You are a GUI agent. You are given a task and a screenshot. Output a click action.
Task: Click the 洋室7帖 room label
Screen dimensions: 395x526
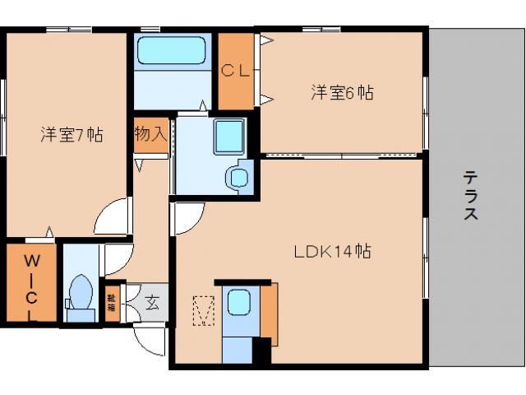(x=72, y=134)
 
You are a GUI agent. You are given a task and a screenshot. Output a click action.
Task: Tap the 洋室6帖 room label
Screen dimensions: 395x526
(x=342, y=92)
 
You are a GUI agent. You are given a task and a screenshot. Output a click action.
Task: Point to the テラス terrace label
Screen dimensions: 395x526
(x=471, y=195)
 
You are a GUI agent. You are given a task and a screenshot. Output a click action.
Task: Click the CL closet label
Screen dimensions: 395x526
(x=236, y=71)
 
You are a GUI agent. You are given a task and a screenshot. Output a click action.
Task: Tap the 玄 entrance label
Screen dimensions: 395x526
(x=153, y=301)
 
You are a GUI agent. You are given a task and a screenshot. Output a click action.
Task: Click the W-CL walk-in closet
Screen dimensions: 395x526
(x=31, y=283)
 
